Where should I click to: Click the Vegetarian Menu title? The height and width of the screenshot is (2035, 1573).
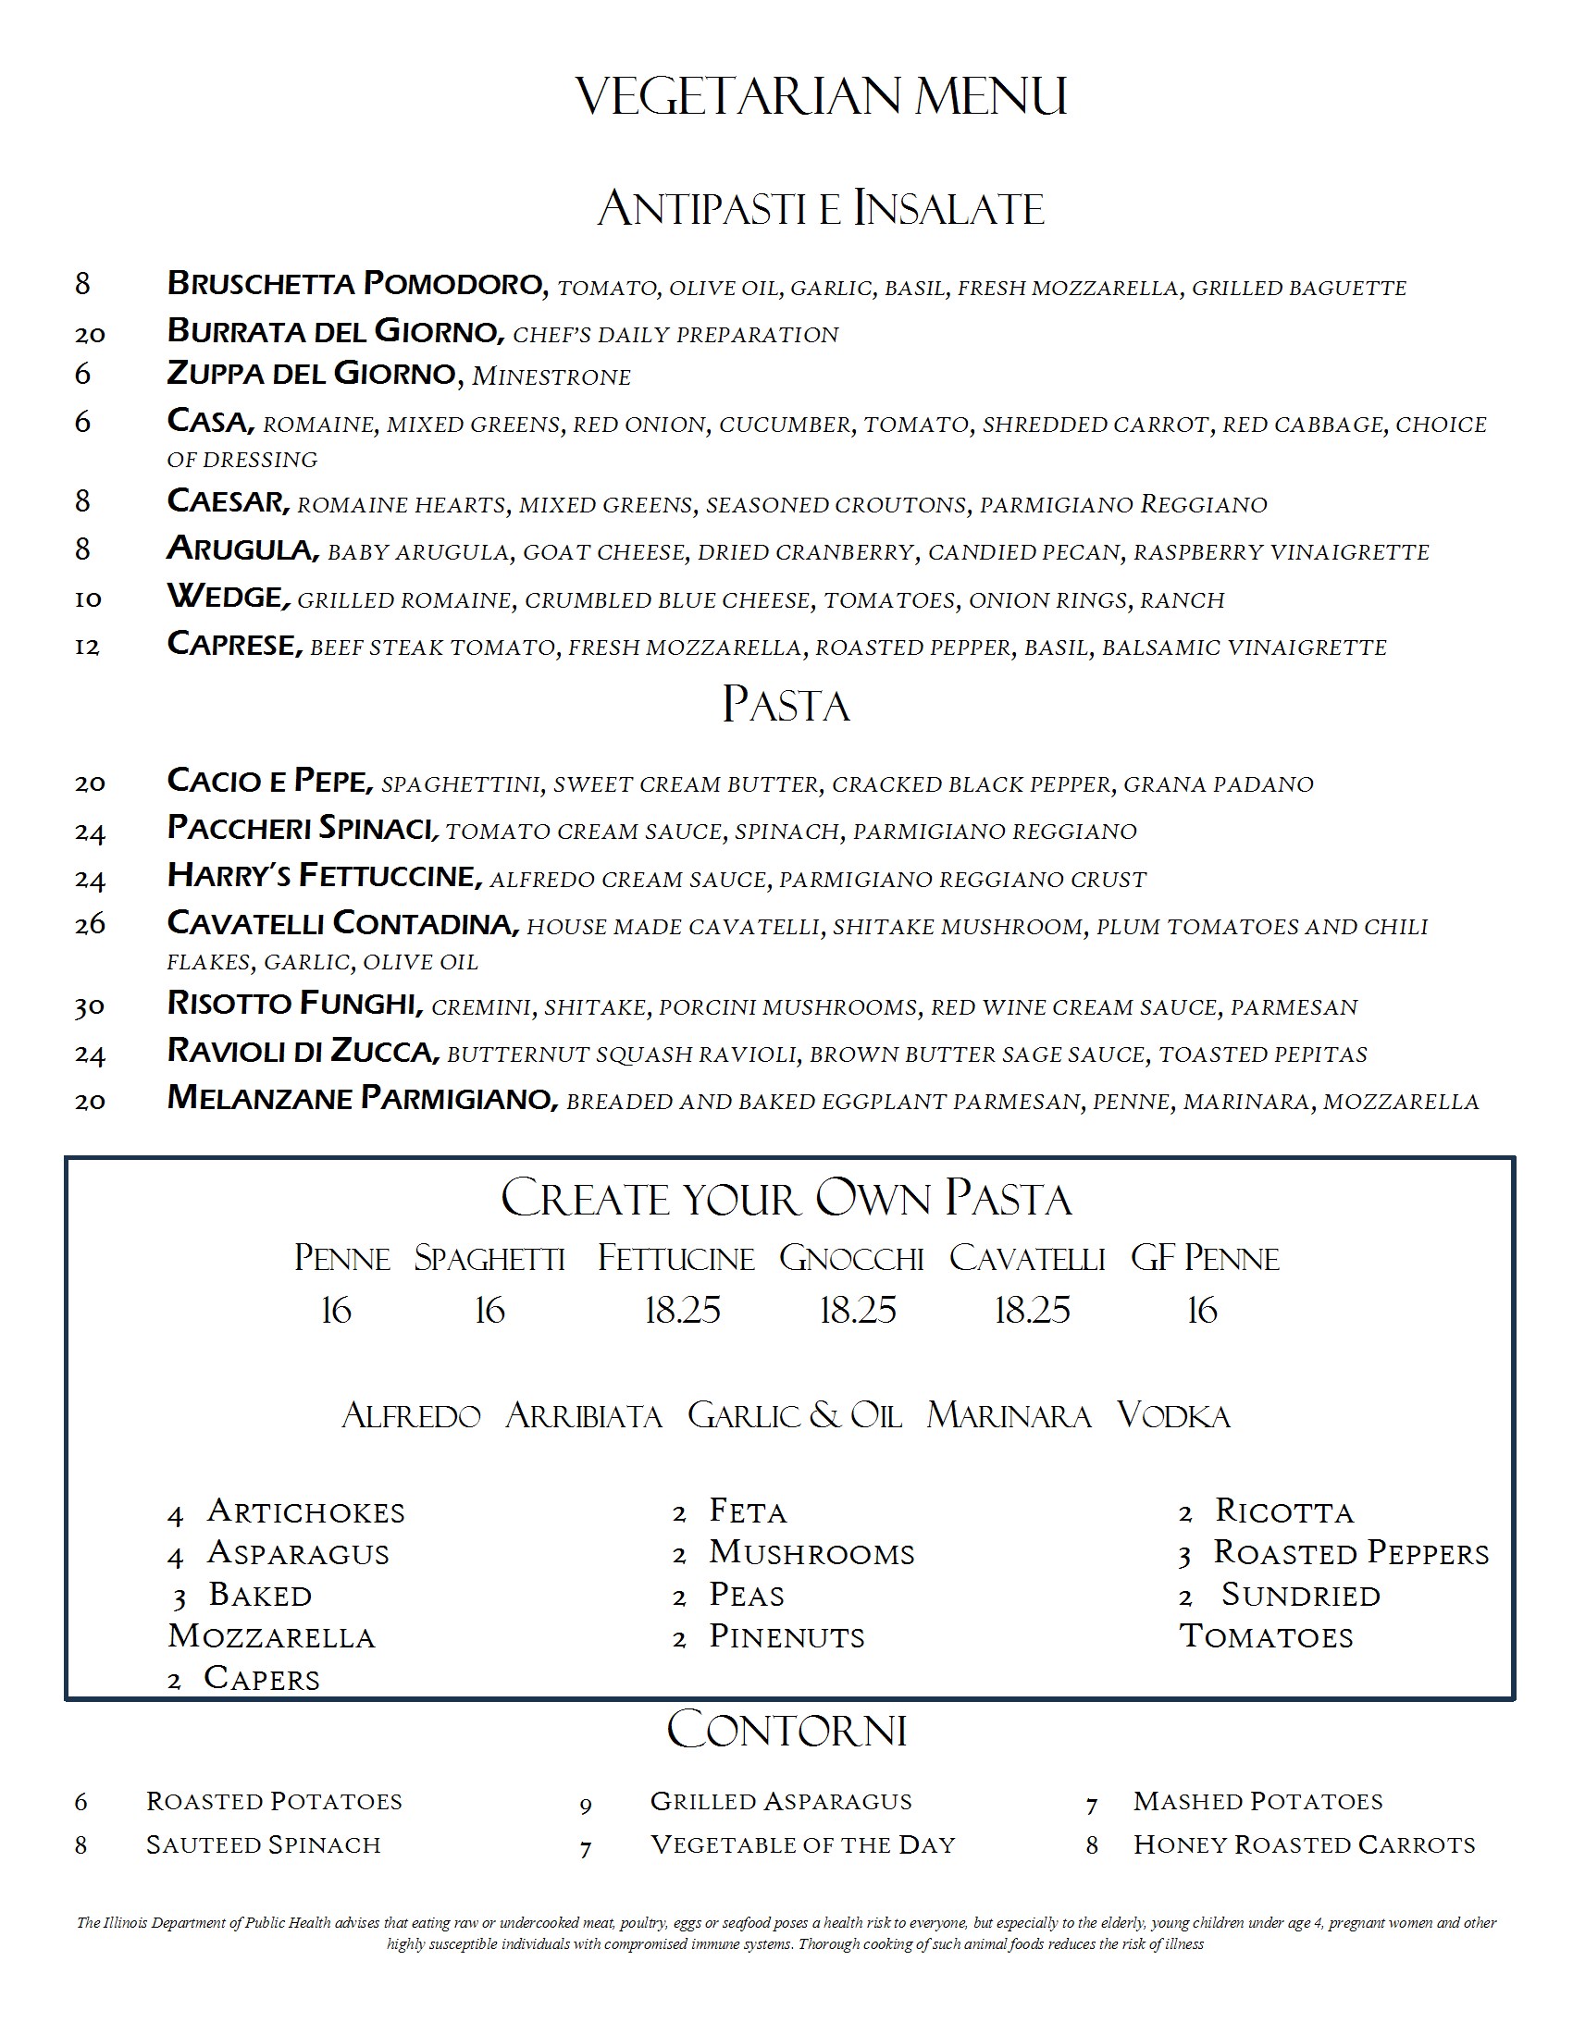(x=821, y=96)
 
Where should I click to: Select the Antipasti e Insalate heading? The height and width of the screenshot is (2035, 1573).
(x=821, y=208)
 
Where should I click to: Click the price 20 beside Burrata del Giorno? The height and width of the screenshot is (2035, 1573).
(x=90, y=334)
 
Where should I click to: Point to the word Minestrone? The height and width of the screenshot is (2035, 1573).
(x=551, y=376)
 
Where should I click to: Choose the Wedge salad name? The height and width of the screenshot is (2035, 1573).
(x=228, y=597)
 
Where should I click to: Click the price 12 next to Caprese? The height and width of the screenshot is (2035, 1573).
(x=87, y=646)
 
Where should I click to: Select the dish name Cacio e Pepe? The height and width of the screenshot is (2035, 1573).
(x=269, y=781)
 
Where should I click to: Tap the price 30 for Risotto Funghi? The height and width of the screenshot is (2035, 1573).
(x=90, y=1006)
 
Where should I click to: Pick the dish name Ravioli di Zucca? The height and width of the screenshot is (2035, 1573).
(x=302, y=1051)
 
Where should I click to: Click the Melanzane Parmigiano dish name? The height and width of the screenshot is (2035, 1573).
(x=362, y=1098)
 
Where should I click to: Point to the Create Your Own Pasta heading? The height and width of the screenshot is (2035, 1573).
(x=786, y=1198)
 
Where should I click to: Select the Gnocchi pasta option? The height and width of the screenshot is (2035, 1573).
(x=851, y=1259)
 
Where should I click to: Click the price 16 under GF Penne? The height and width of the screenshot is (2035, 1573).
(x=1202, y=1311)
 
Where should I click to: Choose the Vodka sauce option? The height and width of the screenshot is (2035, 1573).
(x=1173, y=1416)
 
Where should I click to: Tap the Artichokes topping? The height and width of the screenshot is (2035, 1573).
(x=305, y=1511)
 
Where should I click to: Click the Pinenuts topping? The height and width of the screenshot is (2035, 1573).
(x=786, y=1636)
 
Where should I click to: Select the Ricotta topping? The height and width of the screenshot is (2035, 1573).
(x=1284, y=1511)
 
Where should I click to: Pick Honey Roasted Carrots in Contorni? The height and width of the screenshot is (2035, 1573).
(x=1304, y=1845)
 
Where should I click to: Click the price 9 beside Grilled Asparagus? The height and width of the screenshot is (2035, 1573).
(x=585, y=1806)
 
